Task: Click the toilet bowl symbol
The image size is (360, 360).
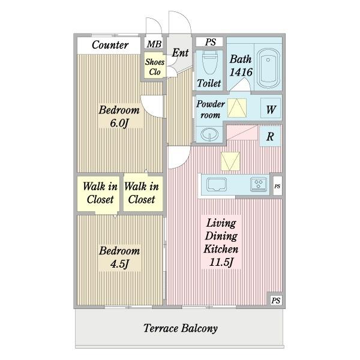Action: point(209,62)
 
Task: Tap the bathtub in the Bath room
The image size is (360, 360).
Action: point(268,68)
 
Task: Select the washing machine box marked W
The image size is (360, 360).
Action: point(271,109)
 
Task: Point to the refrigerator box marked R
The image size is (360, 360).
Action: point(270,136)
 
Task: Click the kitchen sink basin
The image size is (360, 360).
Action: point(217,185)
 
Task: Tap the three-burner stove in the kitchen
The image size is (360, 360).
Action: point(259,184)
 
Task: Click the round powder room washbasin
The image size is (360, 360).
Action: point(209,134)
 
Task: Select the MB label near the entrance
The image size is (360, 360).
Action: point(154,44)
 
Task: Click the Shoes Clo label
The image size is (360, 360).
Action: point(155,67)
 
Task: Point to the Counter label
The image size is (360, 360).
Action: point(110,45)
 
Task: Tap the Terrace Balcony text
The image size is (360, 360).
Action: point(181,328)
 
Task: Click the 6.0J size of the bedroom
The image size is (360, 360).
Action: point(119,123)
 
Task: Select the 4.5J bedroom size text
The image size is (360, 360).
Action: point(119,264)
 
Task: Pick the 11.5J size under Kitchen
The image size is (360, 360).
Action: point(221,262)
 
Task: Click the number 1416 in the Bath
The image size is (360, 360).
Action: point(241,73)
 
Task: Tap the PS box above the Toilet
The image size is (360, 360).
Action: point(209,42)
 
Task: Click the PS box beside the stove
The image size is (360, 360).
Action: point(277,186)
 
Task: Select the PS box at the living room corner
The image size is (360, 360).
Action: point(276,301)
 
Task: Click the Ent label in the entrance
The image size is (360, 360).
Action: point(181,53)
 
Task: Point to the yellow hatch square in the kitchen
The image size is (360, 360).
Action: point(230,161)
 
